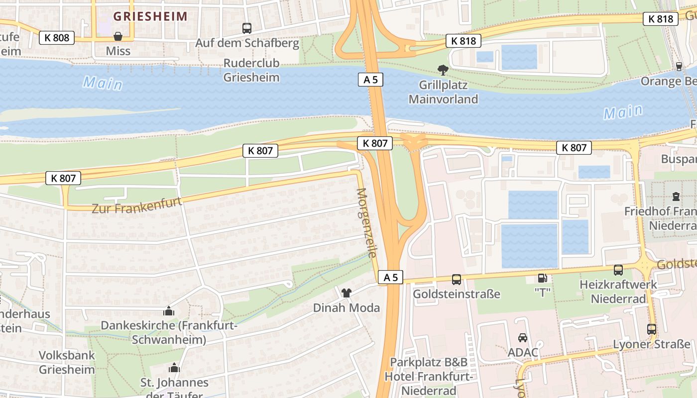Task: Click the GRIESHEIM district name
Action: tap(150, 16)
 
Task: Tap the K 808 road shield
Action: tap(57, 37)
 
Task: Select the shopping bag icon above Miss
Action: tap(118, 36)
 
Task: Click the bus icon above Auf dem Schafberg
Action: tap(247, 28)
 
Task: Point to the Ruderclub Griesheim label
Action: tap(251, 70)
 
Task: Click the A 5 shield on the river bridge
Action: tap(370, 79)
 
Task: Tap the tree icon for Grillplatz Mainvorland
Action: tap(443, 70)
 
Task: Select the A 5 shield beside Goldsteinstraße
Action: tap(390, 278)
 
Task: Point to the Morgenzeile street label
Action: tap(366, 222)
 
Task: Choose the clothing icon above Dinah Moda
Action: tap(347, 293)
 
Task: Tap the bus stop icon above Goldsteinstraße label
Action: tap(457, 280)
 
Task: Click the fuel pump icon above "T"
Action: tap(542, 278)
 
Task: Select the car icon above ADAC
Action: tap(523, 338)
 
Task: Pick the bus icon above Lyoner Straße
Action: tap(651, 329)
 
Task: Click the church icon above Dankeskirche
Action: tap(169, 311)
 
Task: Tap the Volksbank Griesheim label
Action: tap(67, 363)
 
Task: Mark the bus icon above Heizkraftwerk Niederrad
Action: tap(618, 270)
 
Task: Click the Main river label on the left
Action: tap(103, 83)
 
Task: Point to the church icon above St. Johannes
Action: tap(174, 368)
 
